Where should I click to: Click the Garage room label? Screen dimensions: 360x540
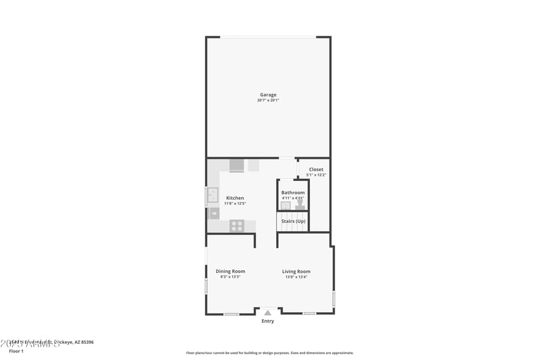coord(268,95)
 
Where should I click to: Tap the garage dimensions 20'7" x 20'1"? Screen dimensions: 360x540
coord(268,101)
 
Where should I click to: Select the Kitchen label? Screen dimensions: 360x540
coord(235,198)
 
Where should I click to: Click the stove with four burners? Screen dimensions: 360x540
coord(237,226)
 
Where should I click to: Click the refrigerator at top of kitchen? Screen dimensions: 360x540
coord(237,165)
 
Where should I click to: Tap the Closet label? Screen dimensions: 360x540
coord(316,170)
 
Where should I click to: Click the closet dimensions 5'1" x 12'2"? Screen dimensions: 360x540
coord(316,175)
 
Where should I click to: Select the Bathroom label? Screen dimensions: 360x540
coord(293,192)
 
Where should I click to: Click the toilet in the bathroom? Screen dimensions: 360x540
coord(300,204)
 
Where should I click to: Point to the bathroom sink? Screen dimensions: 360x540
coord(286,205)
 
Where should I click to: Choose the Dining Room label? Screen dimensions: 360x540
coord(230,272)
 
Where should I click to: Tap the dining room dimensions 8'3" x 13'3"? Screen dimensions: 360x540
coord(230,277)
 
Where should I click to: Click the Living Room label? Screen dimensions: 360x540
coord(296,272)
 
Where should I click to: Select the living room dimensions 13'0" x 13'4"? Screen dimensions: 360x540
coord(296,277)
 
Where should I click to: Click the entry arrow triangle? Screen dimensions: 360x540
coord(268,312)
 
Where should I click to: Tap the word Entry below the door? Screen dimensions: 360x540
coord(268,321)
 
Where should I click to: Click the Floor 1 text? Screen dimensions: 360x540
coord(16,351)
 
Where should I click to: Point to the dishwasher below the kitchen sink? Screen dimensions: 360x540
coord(214,213)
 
